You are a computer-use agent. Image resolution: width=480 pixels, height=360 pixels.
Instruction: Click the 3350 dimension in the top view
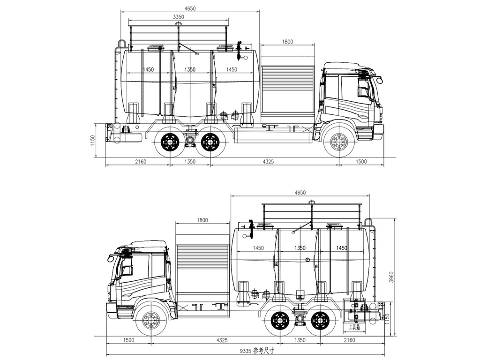pos(179,16)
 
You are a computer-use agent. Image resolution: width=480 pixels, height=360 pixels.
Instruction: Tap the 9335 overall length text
pos(257,350)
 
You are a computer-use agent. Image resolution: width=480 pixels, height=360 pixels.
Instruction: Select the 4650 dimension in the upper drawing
pos(190,8)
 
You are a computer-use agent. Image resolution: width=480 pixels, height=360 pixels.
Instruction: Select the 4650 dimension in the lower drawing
pos(300,193)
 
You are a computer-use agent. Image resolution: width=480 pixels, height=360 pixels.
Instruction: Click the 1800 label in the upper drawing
pos(287,42)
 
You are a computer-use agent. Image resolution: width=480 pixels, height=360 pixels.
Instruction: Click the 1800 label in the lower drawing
pos(202,220)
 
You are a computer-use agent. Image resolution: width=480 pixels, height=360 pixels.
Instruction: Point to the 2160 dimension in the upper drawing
pos(140,161)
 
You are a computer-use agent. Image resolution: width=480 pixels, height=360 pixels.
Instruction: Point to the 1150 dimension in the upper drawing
pos(93,140)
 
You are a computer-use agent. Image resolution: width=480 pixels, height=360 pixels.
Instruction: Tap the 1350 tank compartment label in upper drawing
pos(190,69)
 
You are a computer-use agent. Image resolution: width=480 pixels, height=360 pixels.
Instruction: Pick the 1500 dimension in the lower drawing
pos(128,340)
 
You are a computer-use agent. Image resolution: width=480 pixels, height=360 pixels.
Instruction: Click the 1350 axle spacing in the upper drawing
pos(190,161)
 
